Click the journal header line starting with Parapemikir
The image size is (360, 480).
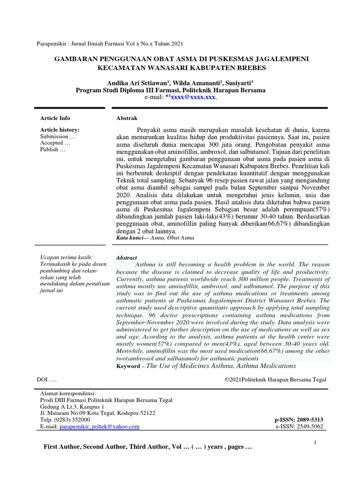click(110, 44)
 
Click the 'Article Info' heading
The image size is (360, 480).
click(55, 118)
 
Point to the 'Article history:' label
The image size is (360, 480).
click(60, 129)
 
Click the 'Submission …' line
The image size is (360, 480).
click(58, 136)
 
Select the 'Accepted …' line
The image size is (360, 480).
click(55, 143)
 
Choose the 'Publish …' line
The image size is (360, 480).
click(53, 150)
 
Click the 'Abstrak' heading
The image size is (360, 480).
click(127, 118)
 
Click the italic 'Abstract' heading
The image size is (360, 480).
click(127, 258)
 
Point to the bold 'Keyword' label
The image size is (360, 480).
click(128, 366)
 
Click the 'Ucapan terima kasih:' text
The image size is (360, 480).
click(67, 257)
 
